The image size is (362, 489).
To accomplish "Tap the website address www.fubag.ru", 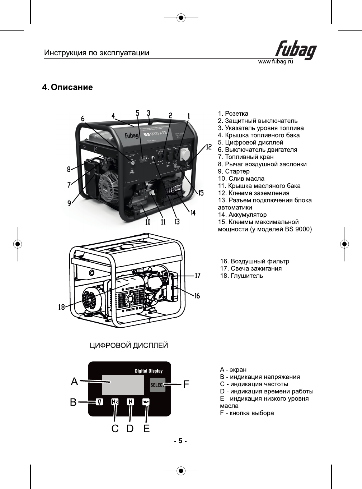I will pyautogui.click(x=276, y=62).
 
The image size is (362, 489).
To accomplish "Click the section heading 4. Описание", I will pyautogui.click(x=67, y=87).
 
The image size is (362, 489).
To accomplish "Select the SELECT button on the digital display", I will pyautogui.click(x=157, y=385).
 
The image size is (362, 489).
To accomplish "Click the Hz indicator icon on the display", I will pyautogui.click(x=115, y=402).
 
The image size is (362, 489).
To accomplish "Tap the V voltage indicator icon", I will pyautogui.click(x=99, y=402).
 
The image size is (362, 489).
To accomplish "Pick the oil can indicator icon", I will pyautogui.click(x=146, y=402).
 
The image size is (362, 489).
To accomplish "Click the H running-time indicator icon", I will pyautogui.click(x=130, y=402).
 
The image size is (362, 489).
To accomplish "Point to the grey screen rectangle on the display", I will pyautogui.click(x=123, y=385).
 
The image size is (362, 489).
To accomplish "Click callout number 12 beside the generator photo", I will pyautogui.click(x=208, y=147).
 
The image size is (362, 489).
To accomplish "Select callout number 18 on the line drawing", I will pyautogui.click(x=62, y=307).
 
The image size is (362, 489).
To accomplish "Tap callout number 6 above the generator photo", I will pyautogui.click(x=83, y=119).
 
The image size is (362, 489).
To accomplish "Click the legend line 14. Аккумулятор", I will pyautogui.click(x=242, y=214).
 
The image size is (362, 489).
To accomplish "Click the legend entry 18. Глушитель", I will pyautogui.click(x=241, y=276).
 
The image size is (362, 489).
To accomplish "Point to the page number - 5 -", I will pyautogui.click(x=180, y=441).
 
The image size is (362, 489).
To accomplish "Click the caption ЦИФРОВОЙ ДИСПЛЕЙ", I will pyautogui.click(x=129, y=346).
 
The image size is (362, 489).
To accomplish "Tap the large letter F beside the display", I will pyautogui.click(x=186, y=384).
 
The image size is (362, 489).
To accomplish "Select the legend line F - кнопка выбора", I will pyautogui.click(x=247, y=413).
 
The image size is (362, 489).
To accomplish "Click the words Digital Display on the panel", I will pyautogui.click(x=149, y=371).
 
